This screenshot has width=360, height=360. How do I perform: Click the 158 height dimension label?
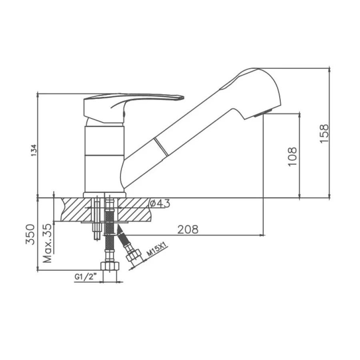[324, 133]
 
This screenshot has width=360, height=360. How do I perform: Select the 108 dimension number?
[292, 156]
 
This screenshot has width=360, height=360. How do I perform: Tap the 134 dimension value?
[34, 150]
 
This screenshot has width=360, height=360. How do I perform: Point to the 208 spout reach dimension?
[188, 229]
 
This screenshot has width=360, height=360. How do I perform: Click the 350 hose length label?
[30, 234]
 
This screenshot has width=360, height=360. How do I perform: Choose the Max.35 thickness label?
[48, 243]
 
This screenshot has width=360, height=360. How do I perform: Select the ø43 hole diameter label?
[160, 203]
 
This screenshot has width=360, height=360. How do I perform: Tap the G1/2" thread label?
[84, 277]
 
